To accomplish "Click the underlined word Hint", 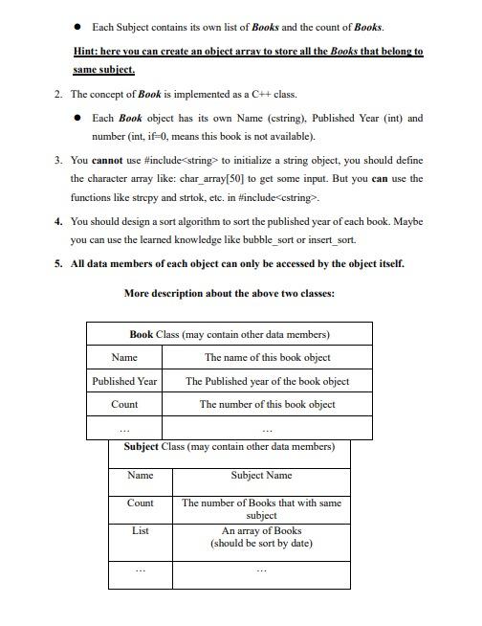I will tap(86, 51).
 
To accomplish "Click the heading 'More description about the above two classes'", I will tap(230, 293).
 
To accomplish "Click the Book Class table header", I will tap(230, 334).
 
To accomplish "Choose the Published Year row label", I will tap(124, 381).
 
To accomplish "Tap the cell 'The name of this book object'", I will tap(267, 357).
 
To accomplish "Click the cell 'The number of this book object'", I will tap(267, 404).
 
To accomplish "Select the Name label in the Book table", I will tap(124, 357).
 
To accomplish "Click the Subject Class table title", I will tap(230, 447).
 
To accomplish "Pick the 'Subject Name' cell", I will tap(261, 476).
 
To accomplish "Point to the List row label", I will tap(140, 529).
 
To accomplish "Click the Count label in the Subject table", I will tap(140, 503).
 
